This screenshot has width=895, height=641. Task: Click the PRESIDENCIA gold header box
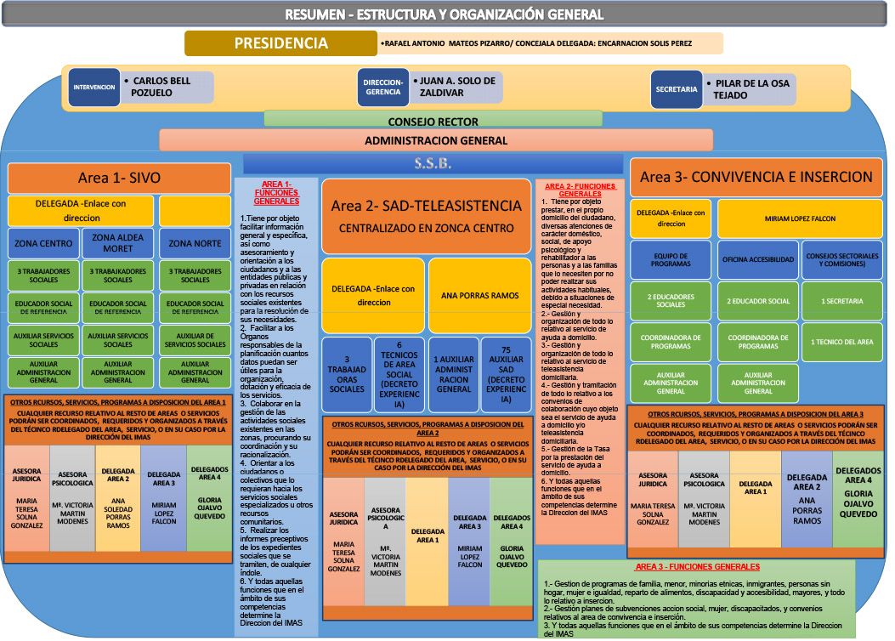coord(281,44)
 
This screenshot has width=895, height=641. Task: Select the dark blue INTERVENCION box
coord(93,88)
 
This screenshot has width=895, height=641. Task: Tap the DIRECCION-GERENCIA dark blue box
coord(382,88)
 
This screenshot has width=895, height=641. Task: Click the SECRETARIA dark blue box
coord(677,88)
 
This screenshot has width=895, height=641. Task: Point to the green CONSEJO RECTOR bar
coord(433,121)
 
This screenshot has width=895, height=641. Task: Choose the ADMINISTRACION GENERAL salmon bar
coord(435,140)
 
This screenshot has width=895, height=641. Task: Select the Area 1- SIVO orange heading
coord(119,178)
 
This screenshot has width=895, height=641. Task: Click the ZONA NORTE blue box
coord(195,243)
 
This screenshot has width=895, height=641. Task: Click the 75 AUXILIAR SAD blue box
coord(506,376)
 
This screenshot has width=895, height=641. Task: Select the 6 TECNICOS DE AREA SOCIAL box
coord(399,376)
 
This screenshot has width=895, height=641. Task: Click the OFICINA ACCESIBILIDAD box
coord(757,259)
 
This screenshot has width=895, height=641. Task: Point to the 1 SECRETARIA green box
coord(841,301)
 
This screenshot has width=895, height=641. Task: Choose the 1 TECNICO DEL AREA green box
coord(841,342)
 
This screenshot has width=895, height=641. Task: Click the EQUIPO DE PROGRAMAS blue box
coord(671,259)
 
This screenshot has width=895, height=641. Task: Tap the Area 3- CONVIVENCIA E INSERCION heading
coord(756,177)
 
